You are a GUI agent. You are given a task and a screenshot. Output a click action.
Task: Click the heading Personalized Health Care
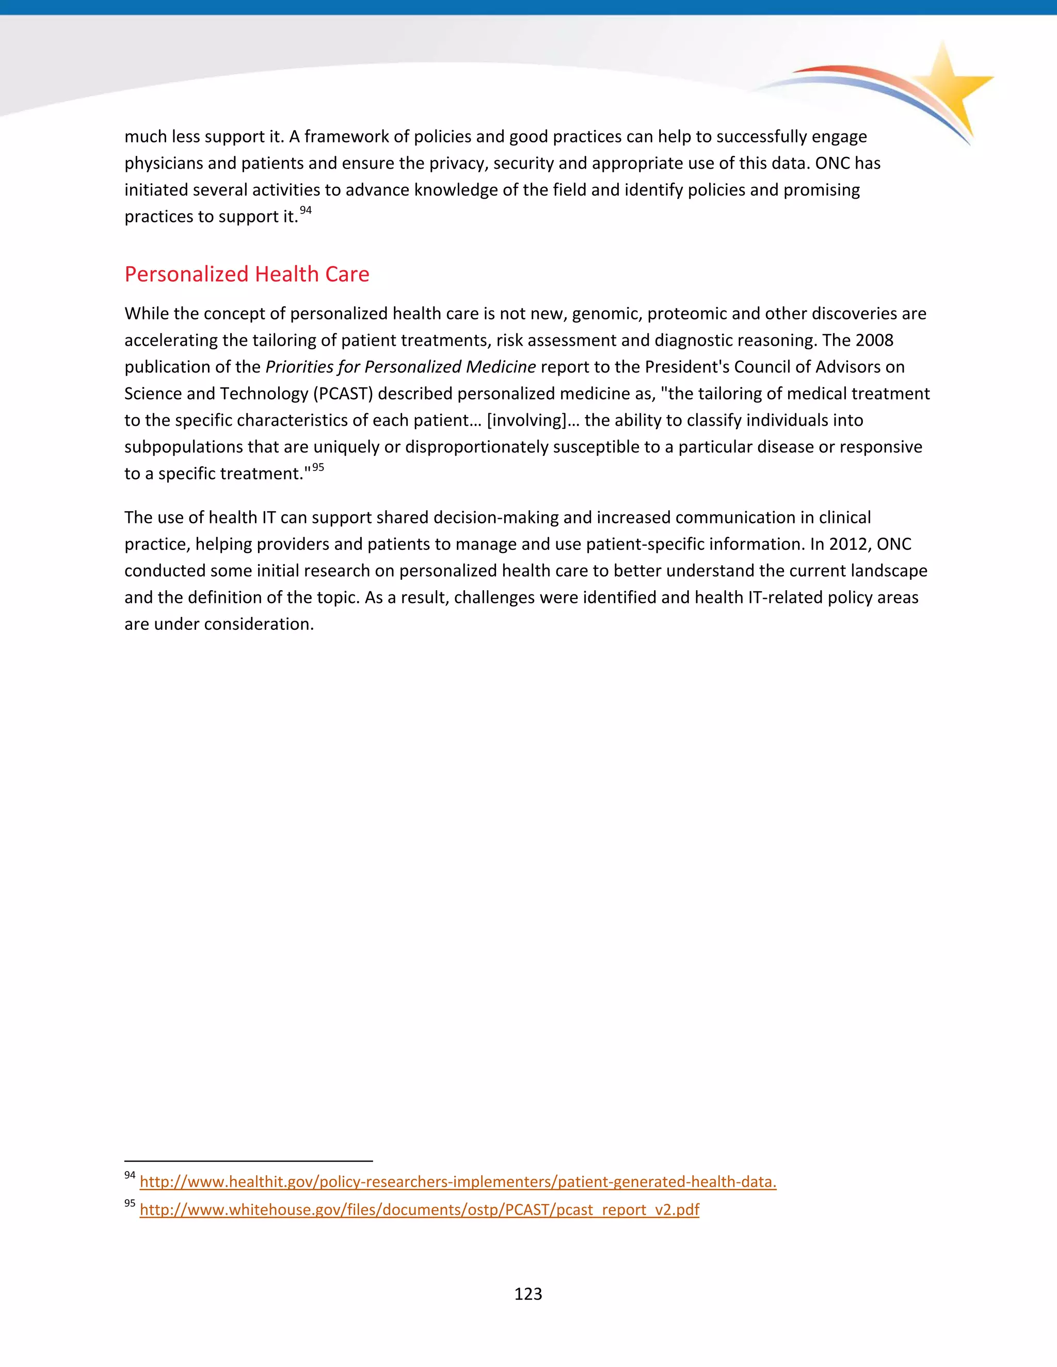247,274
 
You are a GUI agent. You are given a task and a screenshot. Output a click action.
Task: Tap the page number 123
528,1293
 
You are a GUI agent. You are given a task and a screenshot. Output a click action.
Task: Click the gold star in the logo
949,88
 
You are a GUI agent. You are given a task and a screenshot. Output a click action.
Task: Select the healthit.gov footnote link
458,1182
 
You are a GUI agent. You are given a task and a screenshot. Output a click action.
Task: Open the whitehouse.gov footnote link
419,1209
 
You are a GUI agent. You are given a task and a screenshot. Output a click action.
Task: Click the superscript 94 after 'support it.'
306,210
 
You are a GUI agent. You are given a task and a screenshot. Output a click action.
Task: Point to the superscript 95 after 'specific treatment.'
318,467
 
